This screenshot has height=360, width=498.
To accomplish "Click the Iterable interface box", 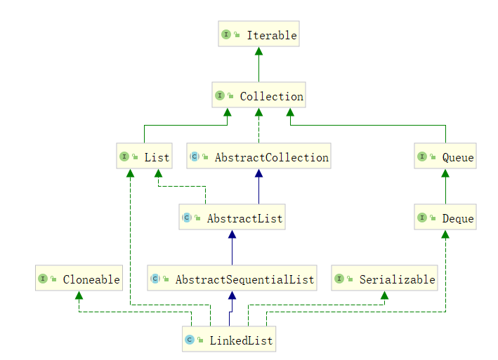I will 258,35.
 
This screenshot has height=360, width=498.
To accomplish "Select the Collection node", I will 258,96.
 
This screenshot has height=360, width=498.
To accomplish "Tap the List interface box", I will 144,157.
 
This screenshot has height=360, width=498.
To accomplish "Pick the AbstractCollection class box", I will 258,157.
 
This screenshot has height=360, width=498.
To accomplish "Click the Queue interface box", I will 445,157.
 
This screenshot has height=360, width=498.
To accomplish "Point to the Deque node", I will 445,218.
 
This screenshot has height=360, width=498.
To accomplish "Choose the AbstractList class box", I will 232,218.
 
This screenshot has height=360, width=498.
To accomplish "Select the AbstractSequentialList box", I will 232,279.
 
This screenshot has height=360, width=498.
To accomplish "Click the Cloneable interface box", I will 79,279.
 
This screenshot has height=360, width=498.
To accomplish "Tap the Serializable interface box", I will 384,279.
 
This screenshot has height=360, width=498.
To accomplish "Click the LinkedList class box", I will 229,340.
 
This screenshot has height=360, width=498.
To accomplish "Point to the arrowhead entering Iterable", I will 258,51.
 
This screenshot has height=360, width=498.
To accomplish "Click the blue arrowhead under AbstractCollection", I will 258,173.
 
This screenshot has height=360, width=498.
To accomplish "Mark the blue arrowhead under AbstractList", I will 232,234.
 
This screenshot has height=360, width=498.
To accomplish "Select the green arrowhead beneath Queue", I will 445,173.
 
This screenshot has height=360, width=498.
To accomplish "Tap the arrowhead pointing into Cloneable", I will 79,295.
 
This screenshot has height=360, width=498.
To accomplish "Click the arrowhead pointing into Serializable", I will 384,295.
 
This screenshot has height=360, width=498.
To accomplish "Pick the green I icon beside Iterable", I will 227,35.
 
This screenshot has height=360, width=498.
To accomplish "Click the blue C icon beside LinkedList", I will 190,340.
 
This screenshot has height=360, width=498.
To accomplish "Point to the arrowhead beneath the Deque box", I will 445,234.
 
